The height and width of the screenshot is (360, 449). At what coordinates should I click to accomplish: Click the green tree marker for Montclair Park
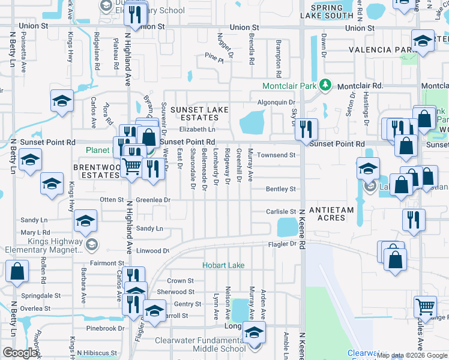(325, 85)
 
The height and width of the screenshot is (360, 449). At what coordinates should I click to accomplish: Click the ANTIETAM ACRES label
(328, 214)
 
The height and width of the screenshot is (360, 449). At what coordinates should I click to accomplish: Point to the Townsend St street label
(277, 155)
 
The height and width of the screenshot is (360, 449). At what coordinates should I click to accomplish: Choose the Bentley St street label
(281, 189)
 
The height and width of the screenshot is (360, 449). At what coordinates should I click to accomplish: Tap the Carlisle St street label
(282, 212)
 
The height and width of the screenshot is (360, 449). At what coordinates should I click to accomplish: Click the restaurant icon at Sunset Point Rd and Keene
(307, 129)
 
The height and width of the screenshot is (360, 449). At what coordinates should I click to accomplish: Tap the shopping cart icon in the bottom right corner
(425, 307)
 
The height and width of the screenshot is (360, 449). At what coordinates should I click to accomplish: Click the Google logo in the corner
(20, 353)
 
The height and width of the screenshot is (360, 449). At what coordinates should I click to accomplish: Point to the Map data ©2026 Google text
(412, 355)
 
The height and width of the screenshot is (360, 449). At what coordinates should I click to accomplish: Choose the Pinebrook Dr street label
(104, 329)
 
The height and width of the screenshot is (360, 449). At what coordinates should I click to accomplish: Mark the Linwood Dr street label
(152, 251)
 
